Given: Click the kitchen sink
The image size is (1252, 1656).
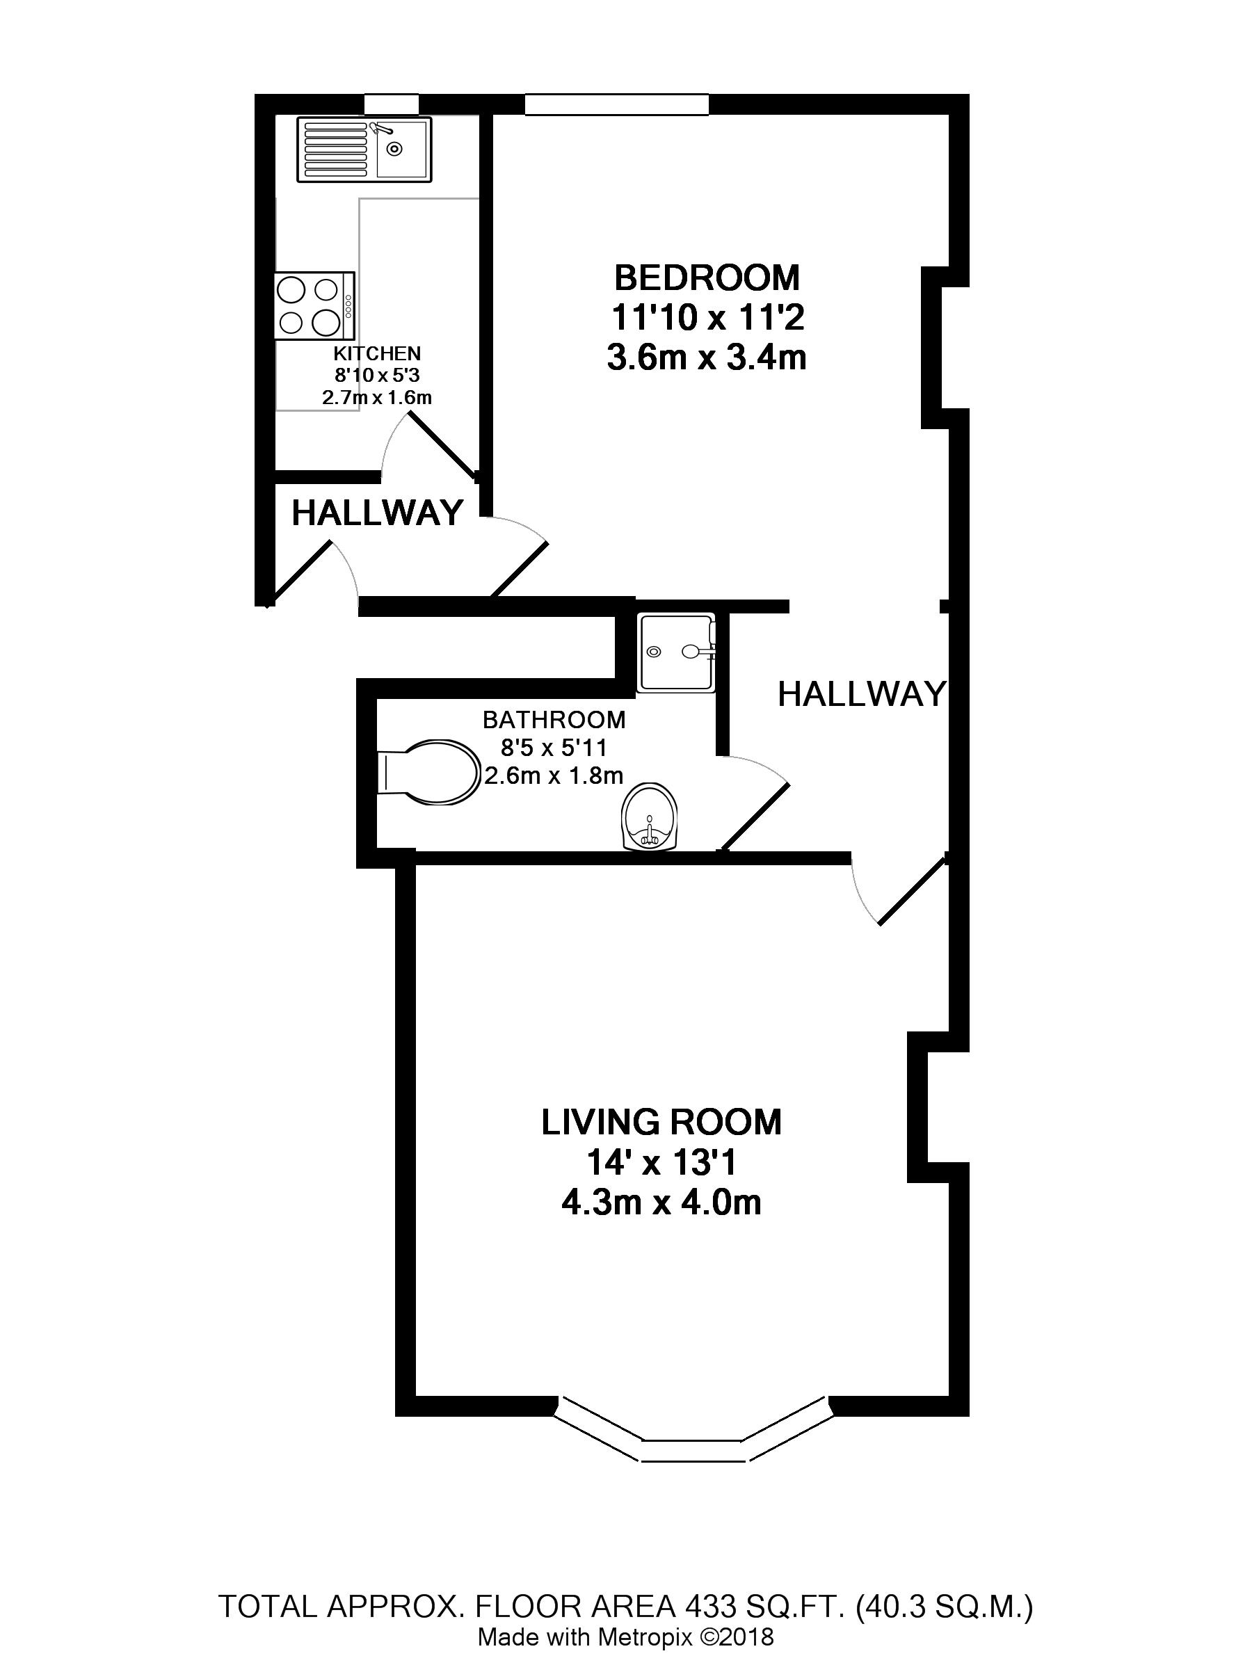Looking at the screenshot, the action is (x=364, y=150).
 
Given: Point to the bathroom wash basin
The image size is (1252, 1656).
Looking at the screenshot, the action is (x=649, y=817).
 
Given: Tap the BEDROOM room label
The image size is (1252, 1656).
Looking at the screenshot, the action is (x=707, y=278).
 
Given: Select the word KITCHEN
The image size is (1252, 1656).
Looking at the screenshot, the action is (x=378, y=353).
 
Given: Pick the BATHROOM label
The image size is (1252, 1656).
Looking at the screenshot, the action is (x=554, y=719).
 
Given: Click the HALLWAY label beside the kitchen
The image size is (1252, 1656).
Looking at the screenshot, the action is (x=378, y=513).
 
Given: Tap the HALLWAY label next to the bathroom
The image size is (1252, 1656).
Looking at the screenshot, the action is (x=862, y=694).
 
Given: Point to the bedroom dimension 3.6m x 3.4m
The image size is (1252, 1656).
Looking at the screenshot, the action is (x=707, y=358).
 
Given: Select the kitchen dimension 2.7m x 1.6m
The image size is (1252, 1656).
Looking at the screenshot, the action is (x=378, y=398).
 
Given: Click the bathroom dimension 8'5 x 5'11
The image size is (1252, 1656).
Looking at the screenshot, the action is (x=554, y=747).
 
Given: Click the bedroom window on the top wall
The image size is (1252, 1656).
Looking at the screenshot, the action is (x=616, y=104).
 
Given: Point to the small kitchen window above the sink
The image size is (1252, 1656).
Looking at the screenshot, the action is (x=392, y=104).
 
